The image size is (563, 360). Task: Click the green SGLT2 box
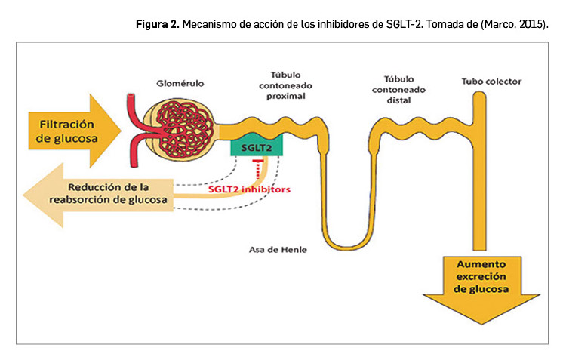(256, 148)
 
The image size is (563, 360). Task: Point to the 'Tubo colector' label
(491, 81)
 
